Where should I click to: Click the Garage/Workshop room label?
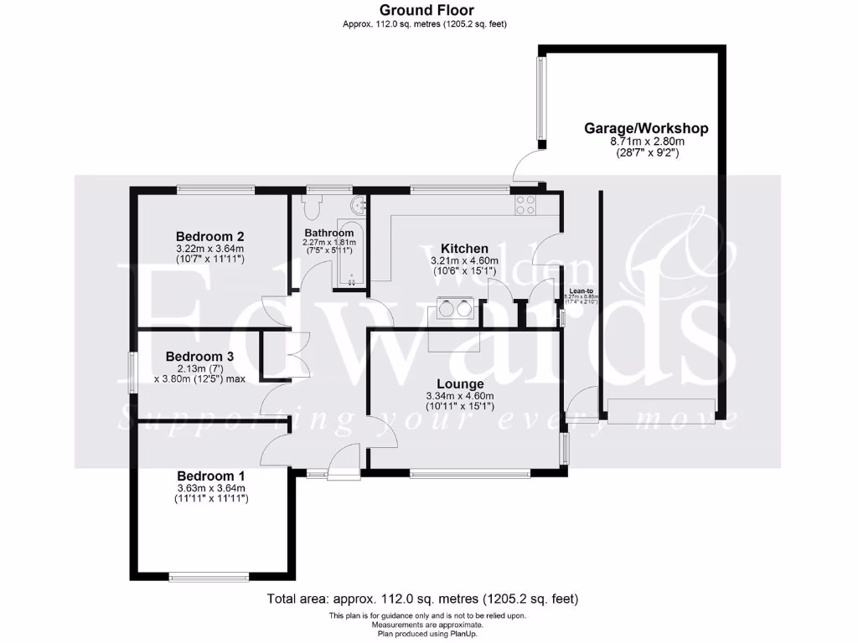click(x=646, y=128)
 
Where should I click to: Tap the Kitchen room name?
click(x=464, y=249)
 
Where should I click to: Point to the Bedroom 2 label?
click(x=209, y=236)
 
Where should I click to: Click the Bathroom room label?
click(x=328, y=233)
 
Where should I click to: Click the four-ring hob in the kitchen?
click(x=525, y=205)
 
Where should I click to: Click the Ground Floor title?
click(x=425, y=10)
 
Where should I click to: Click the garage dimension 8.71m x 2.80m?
click(x=646, y=142)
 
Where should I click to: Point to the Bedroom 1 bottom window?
click(x=209, y=576)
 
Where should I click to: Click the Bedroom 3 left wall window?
click(x=132, y=373)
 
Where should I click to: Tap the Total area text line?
click(x=423, y=599)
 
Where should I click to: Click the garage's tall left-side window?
click(x=540, y=98)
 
